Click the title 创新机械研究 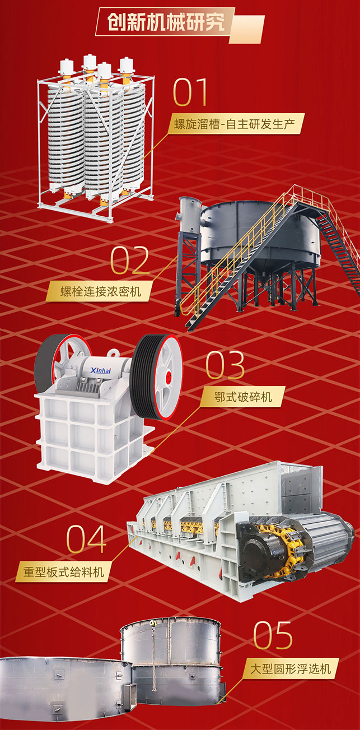[166, 22]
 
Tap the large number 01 [190, 92]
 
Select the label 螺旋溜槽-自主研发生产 [234, 124]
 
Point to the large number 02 [130, 260]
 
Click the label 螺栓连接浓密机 [101, 291]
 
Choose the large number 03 [225, 365]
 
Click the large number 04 [86, 540]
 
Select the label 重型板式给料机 [63, 571]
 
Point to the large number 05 [273, 635]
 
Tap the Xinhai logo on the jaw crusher [101, 370]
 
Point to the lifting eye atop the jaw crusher [113, 354]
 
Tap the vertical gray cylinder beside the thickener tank [189, 215]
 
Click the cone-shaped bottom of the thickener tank [261, 267]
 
